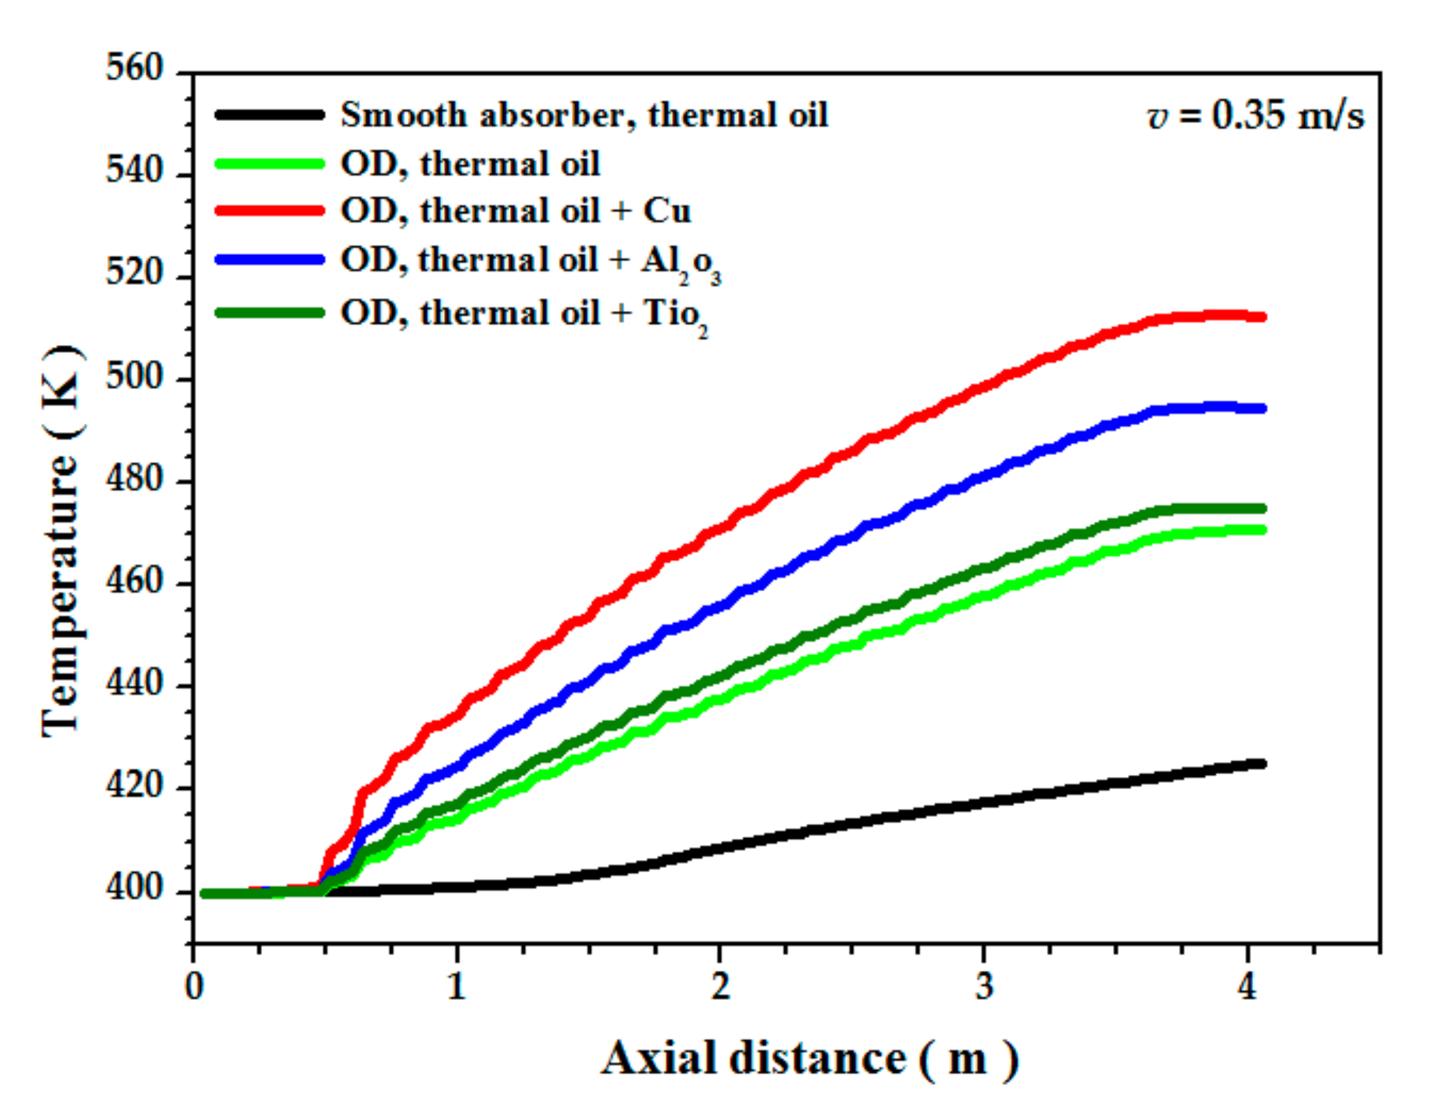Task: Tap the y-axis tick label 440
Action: click(x=133, y=685)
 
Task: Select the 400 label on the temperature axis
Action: click(x=133, y=889)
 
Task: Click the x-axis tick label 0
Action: click(x=193, y=987)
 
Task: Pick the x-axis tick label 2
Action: click(x=720, y=987)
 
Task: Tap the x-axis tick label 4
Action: click(x=1247, y=987)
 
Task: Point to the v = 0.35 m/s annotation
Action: click(x=1255, y=116)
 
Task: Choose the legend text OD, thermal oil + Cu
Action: click(x=516, y=211)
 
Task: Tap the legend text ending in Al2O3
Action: click(x=531, y=261)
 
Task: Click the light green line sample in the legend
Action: click(x=270, y=163)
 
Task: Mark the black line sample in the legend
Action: click(x=270, y=115)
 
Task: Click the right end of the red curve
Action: click(x=1261, y=317)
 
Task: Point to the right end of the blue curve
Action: click(x=1261, y=408)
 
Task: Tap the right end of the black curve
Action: click(x=1261, y=763)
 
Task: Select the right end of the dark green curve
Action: click(x=1261, y=509)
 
